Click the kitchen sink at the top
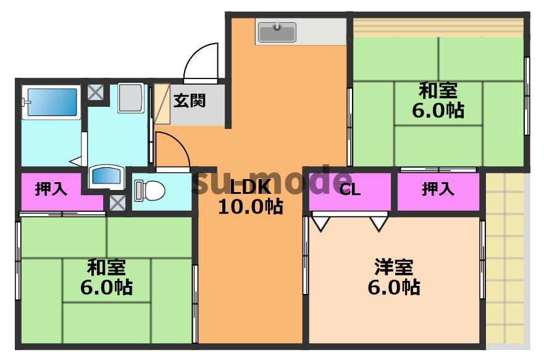coord(277,31)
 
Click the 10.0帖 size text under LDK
coord(250,206)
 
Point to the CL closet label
coord(349,190)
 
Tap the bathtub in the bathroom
coord(51,103)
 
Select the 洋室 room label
coord(393,267)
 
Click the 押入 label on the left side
coord(51,189)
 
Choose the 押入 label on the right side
coord(438,189)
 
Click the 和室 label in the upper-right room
coord(438,91)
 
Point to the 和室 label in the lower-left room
coord(106,267)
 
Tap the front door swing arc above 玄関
coord(201,62)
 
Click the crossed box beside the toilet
coord(117,201)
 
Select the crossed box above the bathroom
coord(95,93)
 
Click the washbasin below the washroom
coord(106,175)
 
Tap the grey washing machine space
coord(131,97)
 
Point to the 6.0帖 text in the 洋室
coord(393,287)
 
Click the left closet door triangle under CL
coord(320,221)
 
